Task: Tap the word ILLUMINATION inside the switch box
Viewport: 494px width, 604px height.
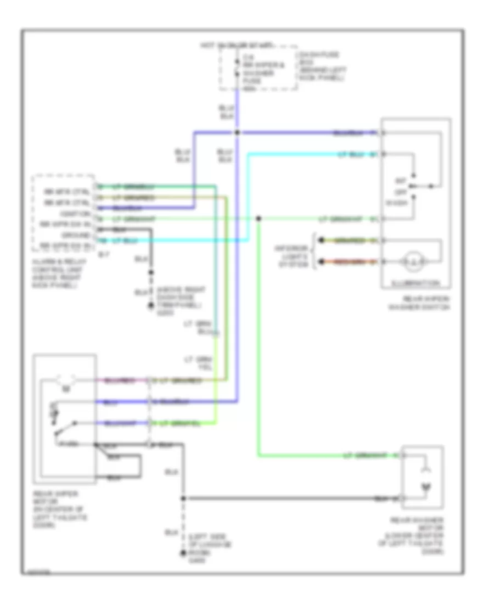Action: point(416,283)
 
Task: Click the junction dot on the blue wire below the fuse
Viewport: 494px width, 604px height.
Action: point(237,133)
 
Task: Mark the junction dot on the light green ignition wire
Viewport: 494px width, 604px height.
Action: point(259,219)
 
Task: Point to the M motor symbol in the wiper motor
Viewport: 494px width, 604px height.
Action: point(65,388)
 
